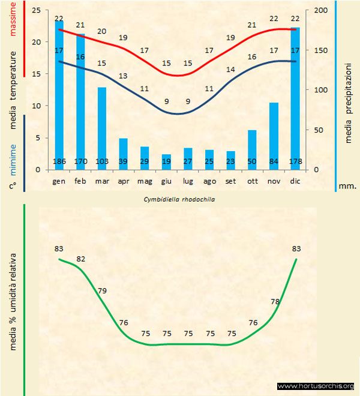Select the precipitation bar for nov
273,136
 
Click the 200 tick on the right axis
322,11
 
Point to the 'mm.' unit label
347,186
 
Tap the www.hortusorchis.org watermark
316,386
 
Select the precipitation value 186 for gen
59,161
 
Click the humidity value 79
102,291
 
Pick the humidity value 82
81,259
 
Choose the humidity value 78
275,302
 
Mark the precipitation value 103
102,161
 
